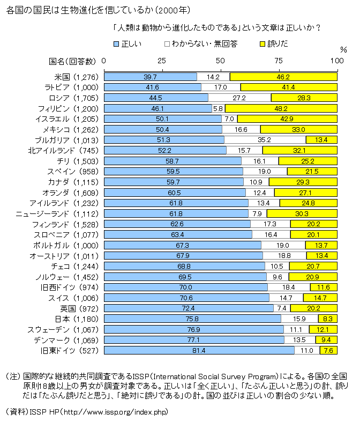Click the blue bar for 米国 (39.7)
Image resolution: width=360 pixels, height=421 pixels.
tap(150, 77)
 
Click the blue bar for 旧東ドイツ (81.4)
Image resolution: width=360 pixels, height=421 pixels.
tap(199, 350)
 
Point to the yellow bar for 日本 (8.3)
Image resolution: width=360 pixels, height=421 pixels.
tap(327, 319)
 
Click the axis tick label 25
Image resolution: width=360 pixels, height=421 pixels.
tap(162, 61)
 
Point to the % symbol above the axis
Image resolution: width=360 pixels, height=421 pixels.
tap(336, 51)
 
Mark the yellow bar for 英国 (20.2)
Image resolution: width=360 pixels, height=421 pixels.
tap(313, 308)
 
